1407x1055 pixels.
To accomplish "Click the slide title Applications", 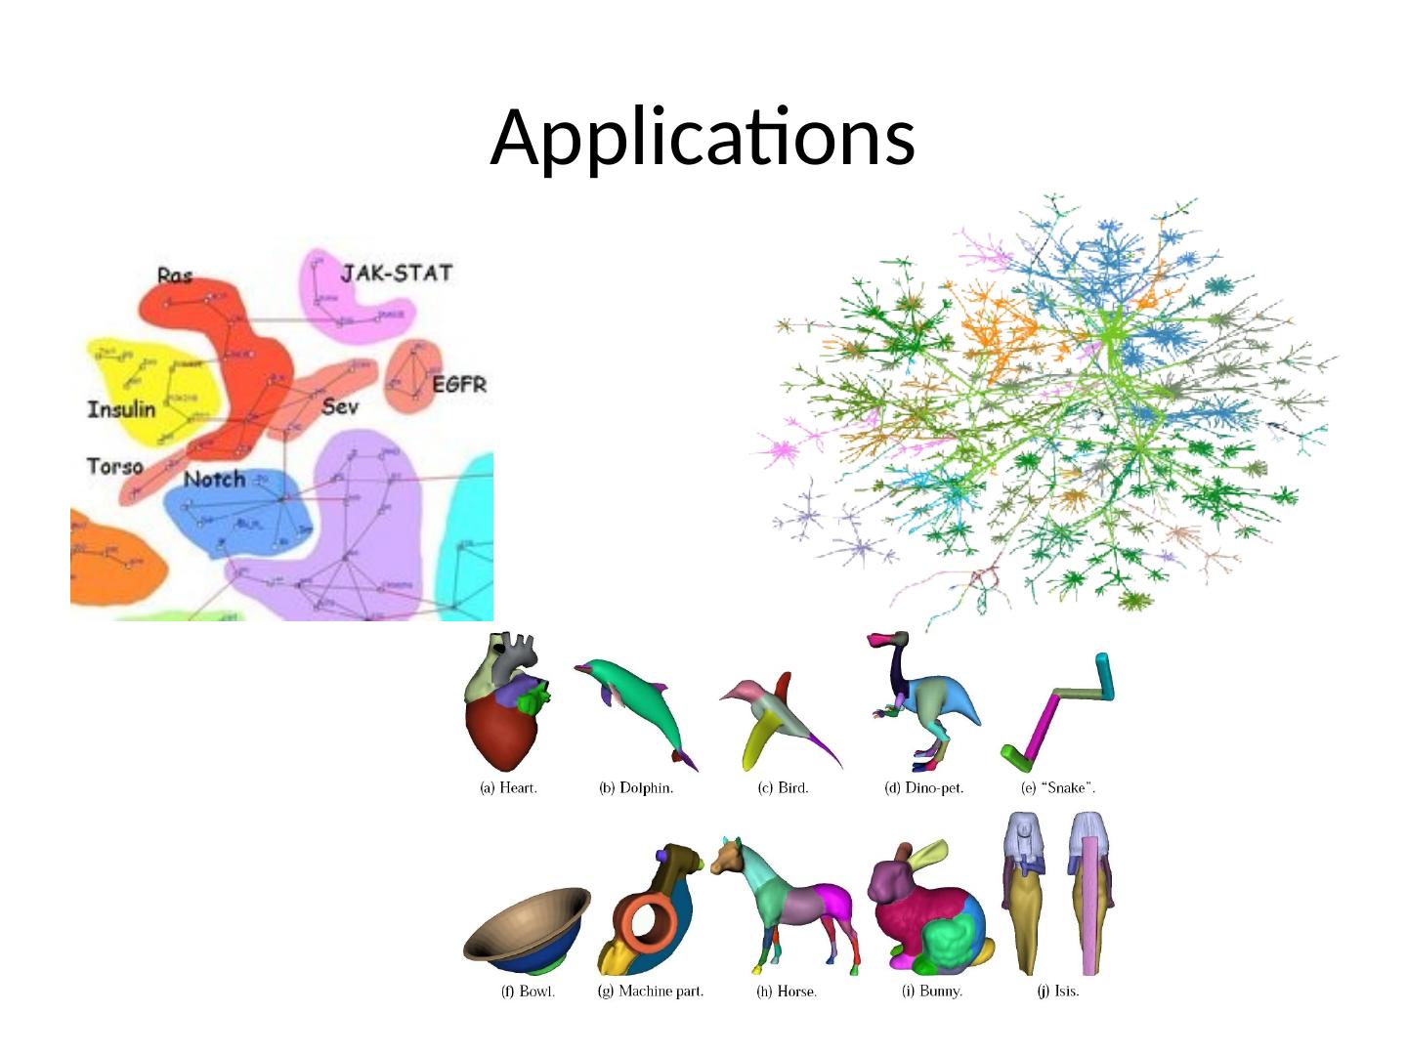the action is click(703, 137).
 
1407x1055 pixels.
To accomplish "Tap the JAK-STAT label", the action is click(396, 273).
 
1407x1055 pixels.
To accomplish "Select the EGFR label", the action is click(459, 385).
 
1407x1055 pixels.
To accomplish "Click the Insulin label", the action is click(122, 408).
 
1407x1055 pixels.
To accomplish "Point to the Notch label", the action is click(214, 479).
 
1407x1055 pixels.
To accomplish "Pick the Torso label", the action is click(115, 466).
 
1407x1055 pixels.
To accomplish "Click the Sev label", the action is click(340, 406).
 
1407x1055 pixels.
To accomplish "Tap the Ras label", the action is click(175, 276).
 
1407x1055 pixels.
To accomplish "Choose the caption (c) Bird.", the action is click(783, 788).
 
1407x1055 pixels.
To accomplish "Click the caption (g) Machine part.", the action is click(650, 992).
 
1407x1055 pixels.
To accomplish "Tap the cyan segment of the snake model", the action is click(1105, 675).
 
